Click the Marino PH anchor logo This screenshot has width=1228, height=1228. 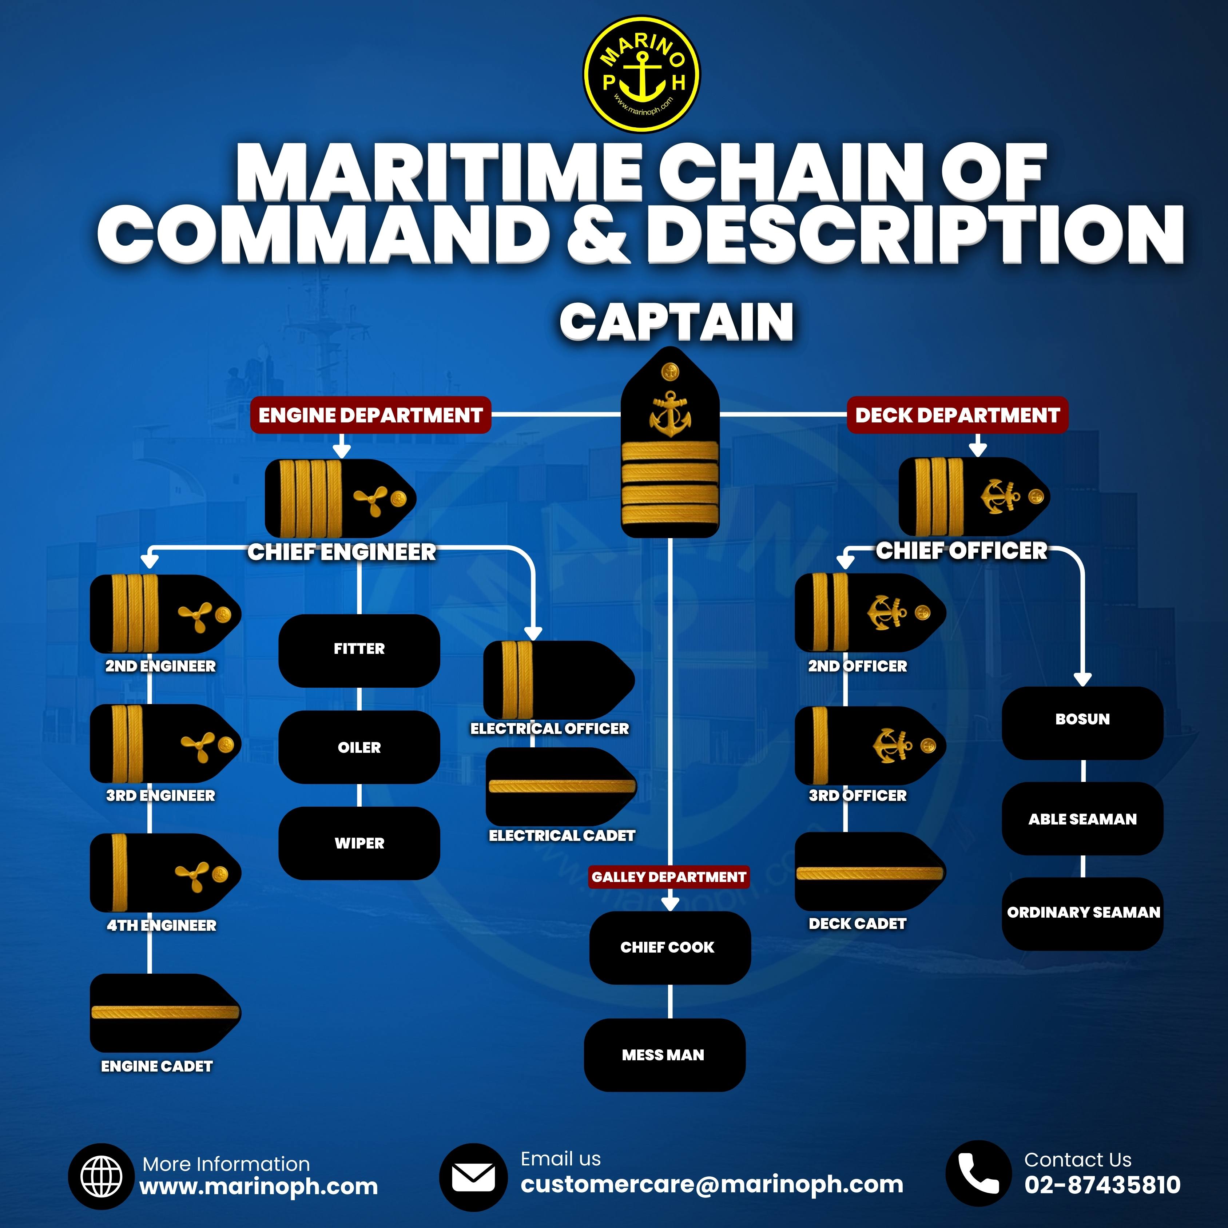641,74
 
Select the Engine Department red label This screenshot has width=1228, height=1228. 370,415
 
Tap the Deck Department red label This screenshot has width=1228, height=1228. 957,415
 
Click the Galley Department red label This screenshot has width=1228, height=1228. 669,877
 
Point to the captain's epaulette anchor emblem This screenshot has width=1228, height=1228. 670,414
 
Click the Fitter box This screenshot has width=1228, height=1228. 359,649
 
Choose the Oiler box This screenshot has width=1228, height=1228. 359,747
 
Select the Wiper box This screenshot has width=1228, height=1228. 359,843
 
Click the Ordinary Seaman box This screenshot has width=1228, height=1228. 1082,913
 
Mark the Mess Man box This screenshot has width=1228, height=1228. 664,1055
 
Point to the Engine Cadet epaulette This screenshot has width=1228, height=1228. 165,1013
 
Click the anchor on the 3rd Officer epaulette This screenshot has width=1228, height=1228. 893,746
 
